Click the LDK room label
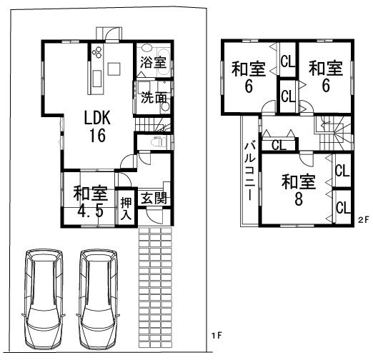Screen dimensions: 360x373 click(x=97, y=117)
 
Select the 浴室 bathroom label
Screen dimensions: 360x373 click(x=152, y=63)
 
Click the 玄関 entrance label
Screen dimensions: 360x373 click(x=152, y=198)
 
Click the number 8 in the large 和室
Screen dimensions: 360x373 click(x=297, y=199)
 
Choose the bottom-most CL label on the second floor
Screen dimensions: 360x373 click(x=342, y=207)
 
